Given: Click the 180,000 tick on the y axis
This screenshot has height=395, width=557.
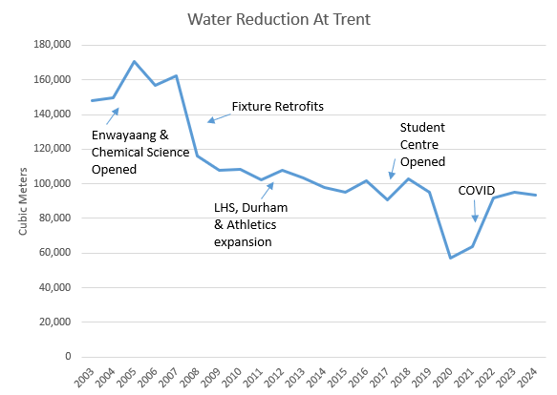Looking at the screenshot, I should pyautogui.click(x=53, y=45).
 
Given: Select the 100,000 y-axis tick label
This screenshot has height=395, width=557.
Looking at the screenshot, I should pyautogui.click(x=53, y=183).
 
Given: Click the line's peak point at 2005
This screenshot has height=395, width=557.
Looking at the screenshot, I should pyautogui.click(x=134, y=61).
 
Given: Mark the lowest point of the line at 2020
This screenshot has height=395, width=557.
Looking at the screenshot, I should pyautogui.click(x=451, y=258).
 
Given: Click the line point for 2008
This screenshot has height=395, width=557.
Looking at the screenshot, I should pyautogui.click(x=198, y=156).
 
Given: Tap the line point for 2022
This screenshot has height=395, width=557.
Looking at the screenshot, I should pyautogui.click(x=493, y=197).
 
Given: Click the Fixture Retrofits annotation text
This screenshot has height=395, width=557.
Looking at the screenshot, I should pyautogui.click(x=278, y=107).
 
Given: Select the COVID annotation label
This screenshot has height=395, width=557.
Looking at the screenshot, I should pyautogui.click(x=478, y=190).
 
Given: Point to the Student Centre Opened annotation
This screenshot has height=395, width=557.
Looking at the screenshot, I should pyautogui.click(x=422, y=143).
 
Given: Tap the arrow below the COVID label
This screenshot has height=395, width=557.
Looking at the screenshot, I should pyautogui.click(x=475, y=213).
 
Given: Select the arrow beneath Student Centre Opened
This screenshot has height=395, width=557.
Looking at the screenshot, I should pyautogui.click(x=393, y=170).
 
